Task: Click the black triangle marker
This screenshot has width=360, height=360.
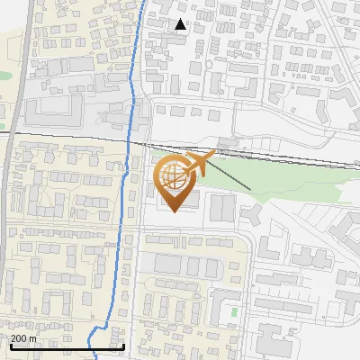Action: coord(181,24)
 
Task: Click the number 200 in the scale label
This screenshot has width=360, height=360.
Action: coord(20,337)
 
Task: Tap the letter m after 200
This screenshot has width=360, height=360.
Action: coord(33,337)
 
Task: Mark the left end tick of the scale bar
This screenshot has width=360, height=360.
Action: coord(10,346)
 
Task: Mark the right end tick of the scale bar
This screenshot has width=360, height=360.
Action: coord(123,346)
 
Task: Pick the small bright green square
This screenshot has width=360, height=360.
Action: coord(234,312)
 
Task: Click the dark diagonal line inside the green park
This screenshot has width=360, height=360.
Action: coord(236,178)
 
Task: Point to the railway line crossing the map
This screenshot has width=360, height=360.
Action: coord(72,136)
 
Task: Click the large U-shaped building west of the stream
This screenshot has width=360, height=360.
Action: coord(54,112)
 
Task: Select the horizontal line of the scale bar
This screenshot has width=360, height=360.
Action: coord(67,346)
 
